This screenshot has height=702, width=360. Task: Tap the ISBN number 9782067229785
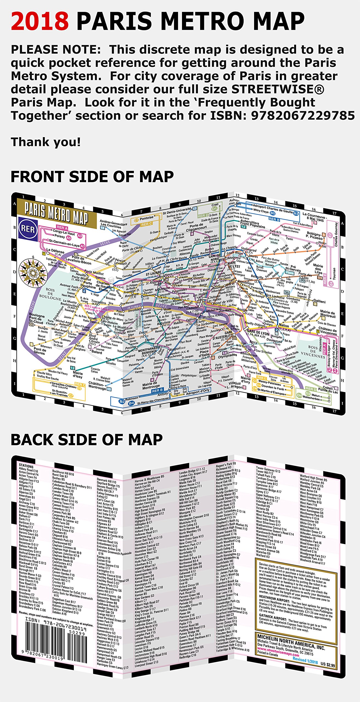click(303, 116)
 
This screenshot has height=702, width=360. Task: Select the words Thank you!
click(46, 142)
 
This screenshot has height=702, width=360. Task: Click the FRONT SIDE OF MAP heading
click(92, 177)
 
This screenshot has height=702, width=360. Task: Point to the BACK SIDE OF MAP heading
click(87, 440)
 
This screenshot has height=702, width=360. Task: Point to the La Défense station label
click(55, 251)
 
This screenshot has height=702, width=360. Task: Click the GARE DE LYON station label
click(258, 333)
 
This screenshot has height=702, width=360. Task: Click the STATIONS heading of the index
click(26, 466)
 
